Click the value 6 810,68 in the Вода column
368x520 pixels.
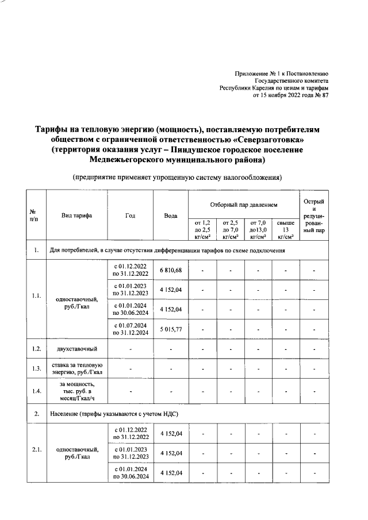point(171,270)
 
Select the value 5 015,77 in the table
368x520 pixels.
point(171,329)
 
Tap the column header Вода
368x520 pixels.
point(171,215)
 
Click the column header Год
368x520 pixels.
point(131,215)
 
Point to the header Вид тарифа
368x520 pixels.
point(76,215)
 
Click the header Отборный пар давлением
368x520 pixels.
point(244,204)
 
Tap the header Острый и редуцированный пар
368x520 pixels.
point(314,215)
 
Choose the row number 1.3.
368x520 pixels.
point(36,368)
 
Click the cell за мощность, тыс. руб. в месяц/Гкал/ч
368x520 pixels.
point(76,392)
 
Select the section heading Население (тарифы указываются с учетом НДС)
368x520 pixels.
point(114,413)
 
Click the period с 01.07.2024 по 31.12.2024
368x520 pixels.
point(131,329)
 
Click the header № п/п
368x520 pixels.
point(36,215)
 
